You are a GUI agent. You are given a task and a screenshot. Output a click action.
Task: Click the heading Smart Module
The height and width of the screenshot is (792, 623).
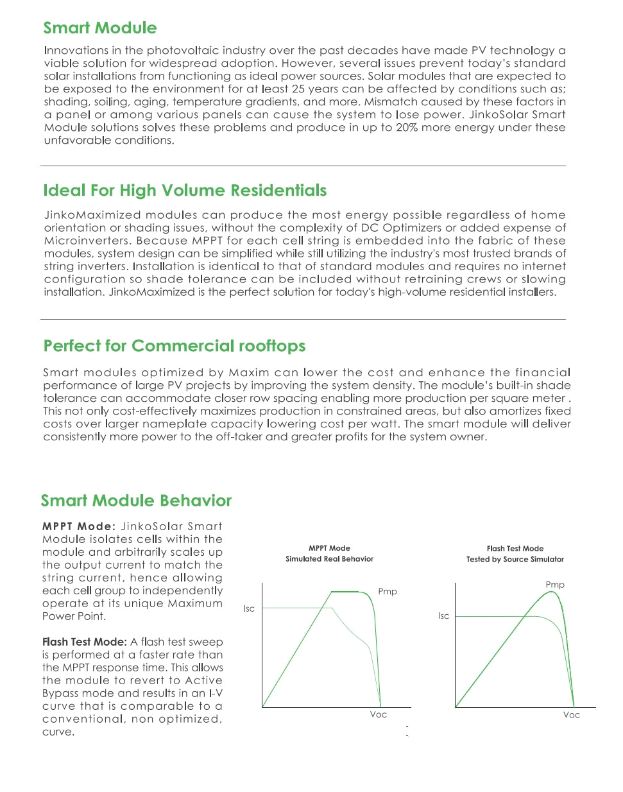[x=99, y=28]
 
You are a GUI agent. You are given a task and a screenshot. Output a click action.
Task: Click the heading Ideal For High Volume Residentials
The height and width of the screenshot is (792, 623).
[x=185, y=190]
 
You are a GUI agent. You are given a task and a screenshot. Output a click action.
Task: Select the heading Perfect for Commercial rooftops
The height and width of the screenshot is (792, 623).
[x=174, y=346]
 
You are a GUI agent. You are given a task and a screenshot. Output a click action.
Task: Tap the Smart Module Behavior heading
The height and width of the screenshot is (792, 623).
[x=136, y=501]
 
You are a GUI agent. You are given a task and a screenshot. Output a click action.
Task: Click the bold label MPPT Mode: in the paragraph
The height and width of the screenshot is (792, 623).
[x=79, y=526]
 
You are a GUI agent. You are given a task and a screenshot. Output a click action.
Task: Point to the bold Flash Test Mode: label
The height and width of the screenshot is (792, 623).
[x=84, y=642]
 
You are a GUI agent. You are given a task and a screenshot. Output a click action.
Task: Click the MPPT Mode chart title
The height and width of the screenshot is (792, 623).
[x=329, y=548]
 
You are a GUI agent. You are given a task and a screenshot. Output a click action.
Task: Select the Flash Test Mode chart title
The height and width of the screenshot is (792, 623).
[x=515, y=549]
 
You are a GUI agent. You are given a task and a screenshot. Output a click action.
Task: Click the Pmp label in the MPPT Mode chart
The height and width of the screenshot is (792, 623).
[x=388, y=592]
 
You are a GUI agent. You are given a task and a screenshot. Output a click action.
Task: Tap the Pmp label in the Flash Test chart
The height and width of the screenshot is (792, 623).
[x=555, y=585]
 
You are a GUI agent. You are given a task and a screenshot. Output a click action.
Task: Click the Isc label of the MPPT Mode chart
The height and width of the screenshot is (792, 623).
[x=249, y=608]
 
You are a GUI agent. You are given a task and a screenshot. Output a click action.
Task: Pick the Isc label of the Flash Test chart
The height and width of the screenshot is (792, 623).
[x=444, y=616]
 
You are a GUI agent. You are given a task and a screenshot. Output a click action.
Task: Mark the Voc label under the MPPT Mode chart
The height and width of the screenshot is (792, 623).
[x=379, y=714]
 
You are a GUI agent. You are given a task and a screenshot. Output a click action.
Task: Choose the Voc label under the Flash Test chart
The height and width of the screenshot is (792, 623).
[x=571, y=715]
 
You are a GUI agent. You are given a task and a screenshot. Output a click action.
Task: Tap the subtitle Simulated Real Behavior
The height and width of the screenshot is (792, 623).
[x=329, y=559]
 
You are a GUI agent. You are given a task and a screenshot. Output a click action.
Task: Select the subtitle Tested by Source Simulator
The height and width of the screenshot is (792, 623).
[x=515, y=560]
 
